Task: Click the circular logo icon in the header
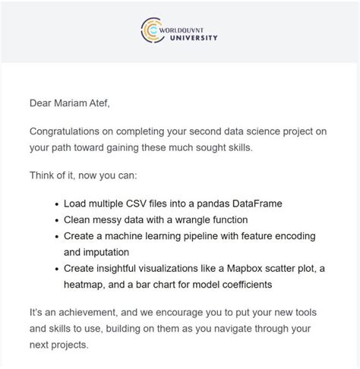point(153,31)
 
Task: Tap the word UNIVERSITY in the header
point(193,37)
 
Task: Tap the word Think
point(44,175)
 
